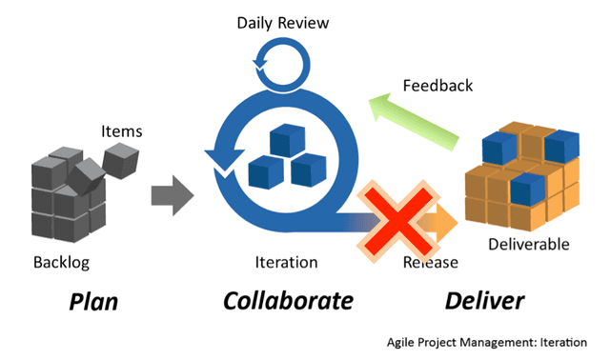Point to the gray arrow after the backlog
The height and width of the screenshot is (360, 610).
[172, 195]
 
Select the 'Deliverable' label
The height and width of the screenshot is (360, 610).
[528, 245]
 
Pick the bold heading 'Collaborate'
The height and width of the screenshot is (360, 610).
[288, 302]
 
